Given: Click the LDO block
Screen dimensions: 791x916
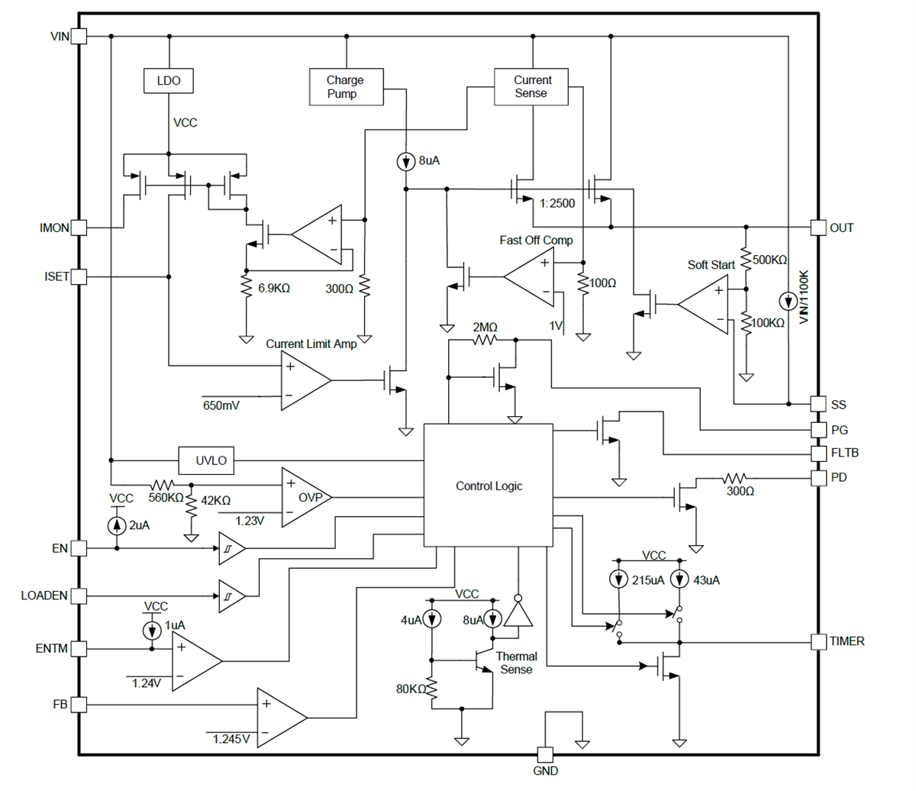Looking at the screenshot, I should [x=169, y=81].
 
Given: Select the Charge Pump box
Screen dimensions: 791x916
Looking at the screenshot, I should [x=346, y=87].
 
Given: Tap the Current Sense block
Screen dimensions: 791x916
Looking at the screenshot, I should [x=531, y=86].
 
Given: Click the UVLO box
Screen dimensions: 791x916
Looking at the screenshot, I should [x=211, y=460].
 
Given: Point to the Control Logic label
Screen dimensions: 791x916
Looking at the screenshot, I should [x=489, y=486].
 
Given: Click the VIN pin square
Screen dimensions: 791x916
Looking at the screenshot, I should [x=79, y=36].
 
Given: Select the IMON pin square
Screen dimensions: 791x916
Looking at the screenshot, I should [x=79, y=228].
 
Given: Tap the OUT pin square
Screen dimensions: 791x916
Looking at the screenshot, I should [x=818, y=228].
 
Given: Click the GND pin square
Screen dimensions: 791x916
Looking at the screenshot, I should [x=545, y=754].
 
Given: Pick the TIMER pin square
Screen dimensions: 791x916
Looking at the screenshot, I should [x=818, y=641].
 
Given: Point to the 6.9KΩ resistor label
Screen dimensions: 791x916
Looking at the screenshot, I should [x=274, y=289].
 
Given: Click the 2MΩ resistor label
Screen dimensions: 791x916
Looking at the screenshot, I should [x=485, y=327].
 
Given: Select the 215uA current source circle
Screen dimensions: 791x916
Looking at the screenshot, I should [x=619, y=580].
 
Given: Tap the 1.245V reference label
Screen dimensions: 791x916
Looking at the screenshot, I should [x=231, y=738].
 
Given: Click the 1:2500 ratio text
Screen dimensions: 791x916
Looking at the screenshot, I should [x=556, y=203].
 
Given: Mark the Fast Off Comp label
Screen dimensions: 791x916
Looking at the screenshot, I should [x=536, y=240].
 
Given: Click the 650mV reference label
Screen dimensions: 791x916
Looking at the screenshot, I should [x=221, y=405].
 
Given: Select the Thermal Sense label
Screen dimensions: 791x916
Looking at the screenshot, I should [x=516, y=663].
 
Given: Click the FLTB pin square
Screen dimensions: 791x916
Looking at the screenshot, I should [x=818, y=453].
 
